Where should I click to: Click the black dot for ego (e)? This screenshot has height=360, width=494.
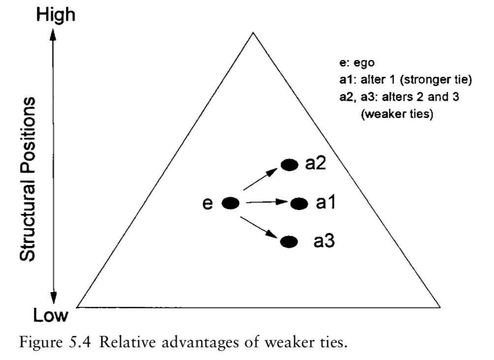pos(231,203)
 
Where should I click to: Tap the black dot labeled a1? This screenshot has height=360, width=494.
pos(299,203)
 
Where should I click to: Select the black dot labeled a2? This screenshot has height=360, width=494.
pos(289,165)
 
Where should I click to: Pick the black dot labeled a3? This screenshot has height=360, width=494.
pos(289,241)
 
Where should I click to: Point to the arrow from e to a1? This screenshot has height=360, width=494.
pos(266,202)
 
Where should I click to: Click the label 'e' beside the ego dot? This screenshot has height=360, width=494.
pos(208,204)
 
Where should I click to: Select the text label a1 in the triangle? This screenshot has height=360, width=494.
pos(325,203)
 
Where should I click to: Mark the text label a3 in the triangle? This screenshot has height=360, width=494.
pos(325,241)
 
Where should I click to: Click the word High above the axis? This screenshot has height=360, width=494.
pos(55,15)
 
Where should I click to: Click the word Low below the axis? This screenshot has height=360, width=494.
pos(51,316)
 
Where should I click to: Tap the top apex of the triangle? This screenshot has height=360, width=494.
pos(253,33)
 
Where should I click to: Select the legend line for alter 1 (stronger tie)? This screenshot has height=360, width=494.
pos(392,80)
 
